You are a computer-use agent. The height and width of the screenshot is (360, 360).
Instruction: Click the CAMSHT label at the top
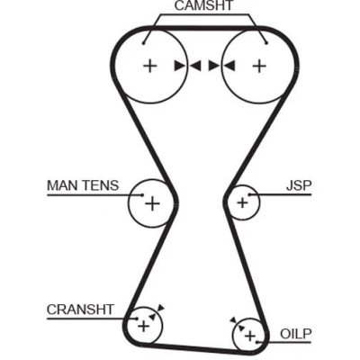(203, 5)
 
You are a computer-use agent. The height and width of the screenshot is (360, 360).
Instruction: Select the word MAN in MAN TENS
(60, 185)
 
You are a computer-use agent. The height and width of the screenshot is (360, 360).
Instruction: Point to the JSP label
(299, 185)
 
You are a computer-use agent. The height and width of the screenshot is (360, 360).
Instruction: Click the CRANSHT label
(80, 310)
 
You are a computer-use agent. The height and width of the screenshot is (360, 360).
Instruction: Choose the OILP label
(296, 333)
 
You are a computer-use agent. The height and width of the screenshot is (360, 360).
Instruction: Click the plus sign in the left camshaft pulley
(149, 66)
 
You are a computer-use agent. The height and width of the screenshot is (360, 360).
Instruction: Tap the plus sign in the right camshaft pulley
(259, 66)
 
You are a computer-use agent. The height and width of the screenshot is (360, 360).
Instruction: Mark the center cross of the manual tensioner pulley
(152, 203)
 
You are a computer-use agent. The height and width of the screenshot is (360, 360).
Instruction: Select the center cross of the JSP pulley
(242, 202)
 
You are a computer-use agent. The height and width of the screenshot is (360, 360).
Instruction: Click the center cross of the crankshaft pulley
(143, 326)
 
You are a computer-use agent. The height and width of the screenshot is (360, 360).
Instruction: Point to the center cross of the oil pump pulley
(249, 336)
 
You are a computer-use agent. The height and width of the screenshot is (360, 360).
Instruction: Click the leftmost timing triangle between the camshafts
(180, 66)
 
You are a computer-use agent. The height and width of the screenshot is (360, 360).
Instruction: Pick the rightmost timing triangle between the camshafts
(229, 66)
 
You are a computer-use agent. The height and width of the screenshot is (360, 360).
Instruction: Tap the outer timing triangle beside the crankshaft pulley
(161, 308)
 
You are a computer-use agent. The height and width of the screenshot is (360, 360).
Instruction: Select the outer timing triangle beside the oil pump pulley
(233, 320)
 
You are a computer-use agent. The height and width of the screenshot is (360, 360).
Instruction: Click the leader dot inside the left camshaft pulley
(144, 43)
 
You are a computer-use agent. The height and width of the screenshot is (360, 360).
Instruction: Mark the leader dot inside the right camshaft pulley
(266, 43)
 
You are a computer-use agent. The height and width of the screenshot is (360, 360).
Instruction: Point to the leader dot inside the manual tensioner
(142, 195)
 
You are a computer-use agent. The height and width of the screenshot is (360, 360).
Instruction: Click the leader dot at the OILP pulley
(256, 342)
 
